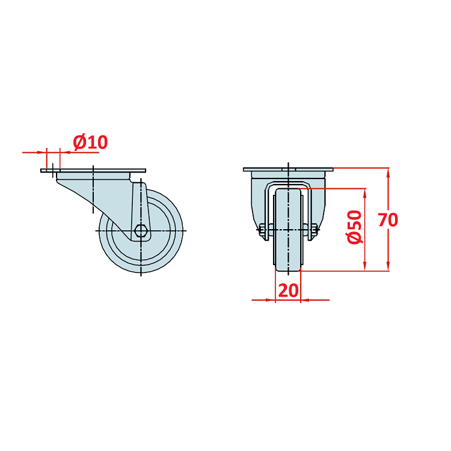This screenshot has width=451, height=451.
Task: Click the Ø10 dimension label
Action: (x=90, y=142)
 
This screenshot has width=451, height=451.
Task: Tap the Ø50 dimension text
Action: (x=354, y=227)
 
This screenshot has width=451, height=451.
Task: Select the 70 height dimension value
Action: (x=388, y=220)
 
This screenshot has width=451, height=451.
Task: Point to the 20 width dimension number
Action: (x=289, y=290)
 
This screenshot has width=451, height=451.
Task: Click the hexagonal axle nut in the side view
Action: (x=141, y=230)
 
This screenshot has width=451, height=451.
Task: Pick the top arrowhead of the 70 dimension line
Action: (x=388, y=173)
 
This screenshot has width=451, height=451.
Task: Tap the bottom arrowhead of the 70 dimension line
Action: (x=388, y=265)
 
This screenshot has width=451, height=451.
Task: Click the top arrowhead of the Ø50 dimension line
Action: (x=365, y=194)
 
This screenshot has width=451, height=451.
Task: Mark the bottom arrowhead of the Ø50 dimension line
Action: (x=365, y=265)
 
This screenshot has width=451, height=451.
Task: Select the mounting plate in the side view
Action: (x=93, y=171)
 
